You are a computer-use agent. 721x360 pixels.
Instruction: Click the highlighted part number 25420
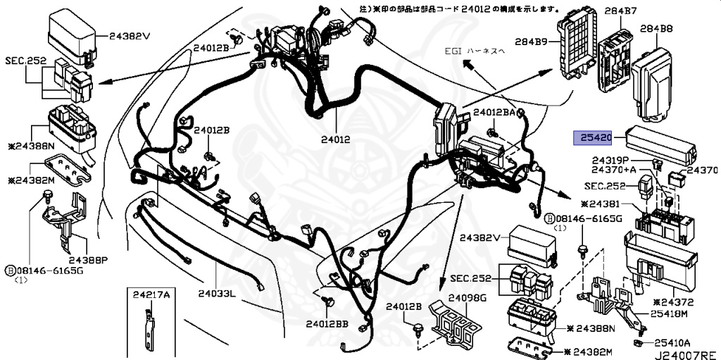(x=597, y=138)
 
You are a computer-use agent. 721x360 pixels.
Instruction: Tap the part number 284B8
(x=656, y=30)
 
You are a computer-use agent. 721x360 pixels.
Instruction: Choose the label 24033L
(x=218, y=293)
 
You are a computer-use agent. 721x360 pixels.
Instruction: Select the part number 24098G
(x=468, y=298)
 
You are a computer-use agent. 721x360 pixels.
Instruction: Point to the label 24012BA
(x=499, y=112)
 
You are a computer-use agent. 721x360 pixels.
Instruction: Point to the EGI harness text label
(x=485, y=51)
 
